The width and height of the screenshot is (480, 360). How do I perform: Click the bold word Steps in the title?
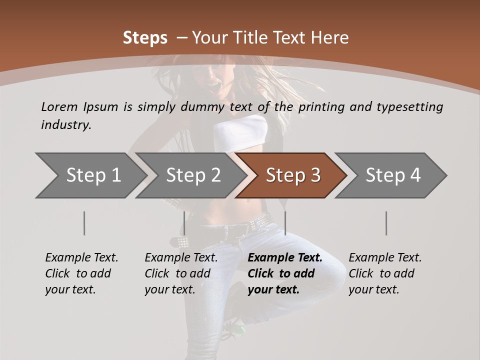[x=145, y=38]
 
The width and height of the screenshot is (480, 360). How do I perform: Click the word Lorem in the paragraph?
[x=59, y=106]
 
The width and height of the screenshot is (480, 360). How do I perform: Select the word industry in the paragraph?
[x=65, y=124]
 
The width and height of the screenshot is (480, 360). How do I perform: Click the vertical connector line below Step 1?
[x=84, y=223]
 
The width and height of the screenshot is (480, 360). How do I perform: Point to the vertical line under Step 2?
[x=184, y=223]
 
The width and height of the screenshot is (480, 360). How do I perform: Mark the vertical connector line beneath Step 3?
[x=285, y=223]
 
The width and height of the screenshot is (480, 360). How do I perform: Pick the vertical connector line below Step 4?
[x=386, y=223]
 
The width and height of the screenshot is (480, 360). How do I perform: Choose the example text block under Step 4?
[x=385, y=273]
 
